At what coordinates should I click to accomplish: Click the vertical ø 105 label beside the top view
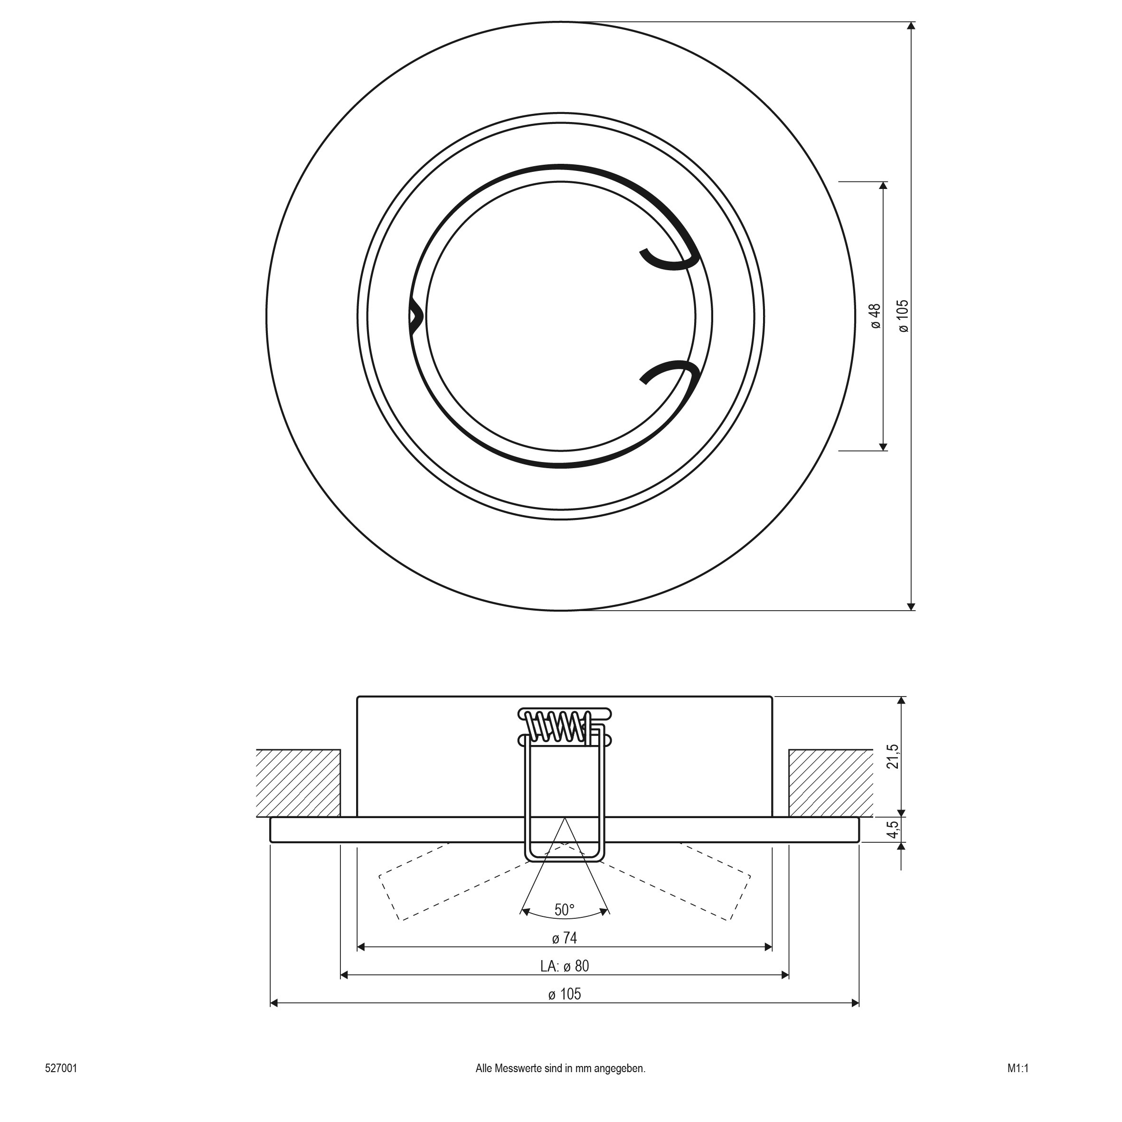pos(904,317)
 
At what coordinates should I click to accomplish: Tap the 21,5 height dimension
pos(895,757)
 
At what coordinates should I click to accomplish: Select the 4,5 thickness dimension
pos(895,830)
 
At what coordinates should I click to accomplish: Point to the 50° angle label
pos(564,910)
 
